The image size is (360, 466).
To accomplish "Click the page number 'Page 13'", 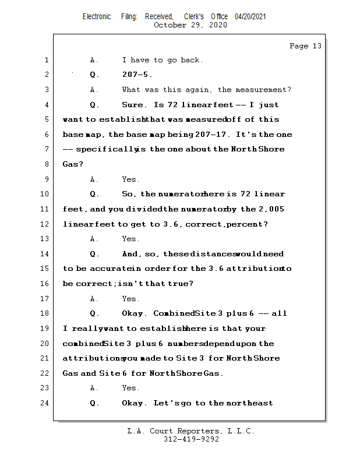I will click(x=305, y=46).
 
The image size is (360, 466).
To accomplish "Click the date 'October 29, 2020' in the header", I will click(x=190, y=25).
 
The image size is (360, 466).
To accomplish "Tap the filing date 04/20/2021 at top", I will click(x=250, y=17).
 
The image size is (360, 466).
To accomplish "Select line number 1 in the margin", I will click(x=47, y=60).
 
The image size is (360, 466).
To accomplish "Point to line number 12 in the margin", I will click(x=45, y=224).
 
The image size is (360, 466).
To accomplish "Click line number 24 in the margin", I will click(x=45, y=403).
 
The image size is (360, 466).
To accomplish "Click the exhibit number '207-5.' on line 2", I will click(x=137, y=75).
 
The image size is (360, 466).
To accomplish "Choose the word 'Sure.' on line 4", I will click(x=133, y=105).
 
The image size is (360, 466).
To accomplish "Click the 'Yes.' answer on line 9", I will click(x=130, y=179).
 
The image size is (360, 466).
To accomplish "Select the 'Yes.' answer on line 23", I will click(x=130, y=388).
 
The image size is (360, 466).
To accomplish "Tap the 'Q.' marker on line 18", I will click(x=94, y=313).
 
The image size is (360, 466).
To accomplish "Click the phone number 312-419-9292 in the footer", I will click(x=191, y=439).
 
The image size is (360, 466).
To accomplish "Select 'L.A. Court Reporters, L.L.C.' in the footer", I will click(x=191, y=431).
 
